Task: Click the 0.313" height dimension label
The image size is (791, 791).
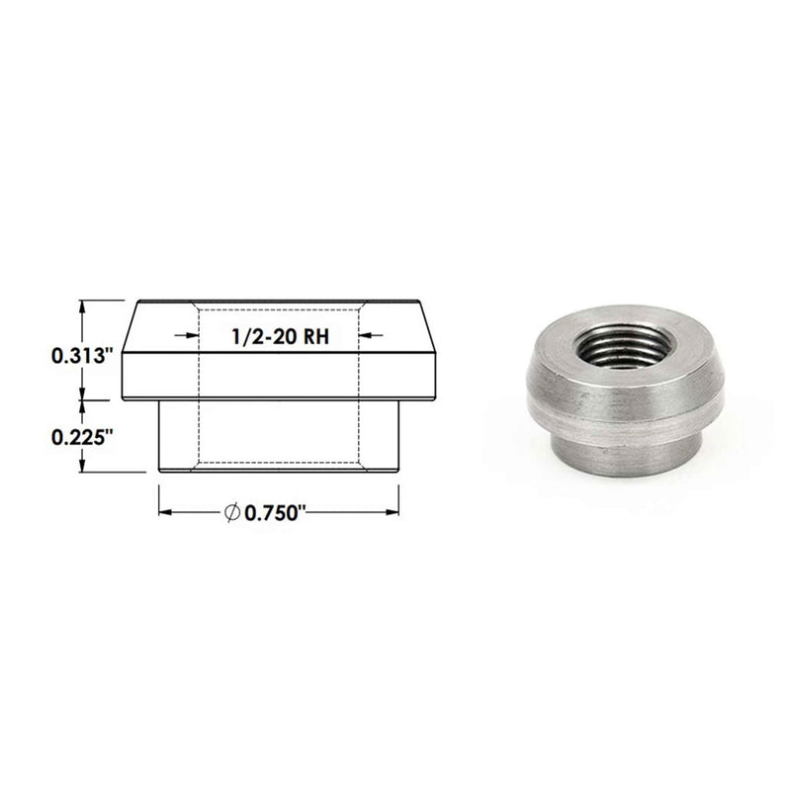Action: coord(81,356)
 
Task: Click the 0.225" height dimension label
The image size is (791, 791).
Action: coord(81,437)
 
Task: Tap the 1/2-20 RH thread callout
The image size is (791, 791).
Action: coord(280,336)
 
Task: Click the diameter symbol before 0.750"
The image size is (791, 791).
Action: coord(231,512)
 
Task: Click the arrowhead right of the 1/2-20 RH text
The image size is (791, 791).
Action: coord(365,334)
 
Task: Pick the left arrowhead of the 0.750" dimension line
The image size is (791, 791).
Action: coord(166,512)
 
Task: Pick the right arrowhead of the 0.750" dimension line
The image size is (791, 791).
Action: coord(392,512)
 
